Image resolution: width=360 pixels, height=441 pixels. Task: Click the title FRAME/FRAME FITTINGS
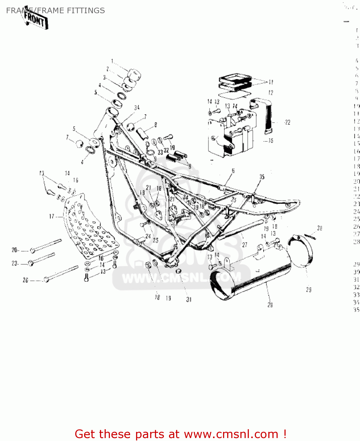click(x=55, y=11)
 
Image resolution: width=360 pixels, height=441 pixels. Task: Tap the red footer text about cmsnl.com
click(x=180, y=434)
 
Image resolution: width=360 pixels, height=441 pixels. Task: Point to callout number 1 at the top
click(x=112, y=61)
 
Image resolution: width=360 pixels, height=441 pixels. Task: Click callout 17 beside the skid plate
click(x=52, y=217)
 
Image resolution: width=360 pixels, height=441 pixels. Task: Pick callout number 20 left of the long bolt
click(x=15, y=250)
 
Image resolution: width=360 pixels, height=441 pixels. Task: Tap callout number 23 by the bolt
click(x=15, y=263)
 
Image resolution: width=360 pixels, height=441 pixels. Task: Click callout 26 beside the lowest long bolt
click(x=26, y=280)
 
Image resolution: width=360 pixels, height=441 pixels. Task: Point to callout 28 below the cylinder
click(x=270, y=305)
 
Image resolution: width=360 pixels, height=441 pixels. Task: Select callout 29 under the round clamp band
click(x=309, y=290)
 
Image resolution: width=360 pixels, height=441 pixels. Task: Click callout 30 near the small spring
click(x=319, y=228)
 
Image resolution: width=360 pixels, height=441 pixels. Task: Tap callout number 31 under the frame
click(x=189, y=300)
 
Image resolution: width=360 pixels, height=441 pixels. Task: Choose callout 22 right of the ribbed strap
click(x=287, y=122)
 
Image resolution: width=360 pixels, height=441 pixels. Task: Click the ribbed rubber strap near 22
click(x=268, y=116)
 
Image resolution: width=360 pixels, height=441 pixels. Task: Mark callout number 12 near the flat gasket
click(x=271, y=93)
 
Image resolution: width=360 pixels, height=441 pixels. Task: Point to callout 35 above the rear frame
click(x=262, y=177)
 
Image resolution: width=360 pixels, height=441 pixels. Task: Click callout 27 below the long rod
click(x=245, y=245)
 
